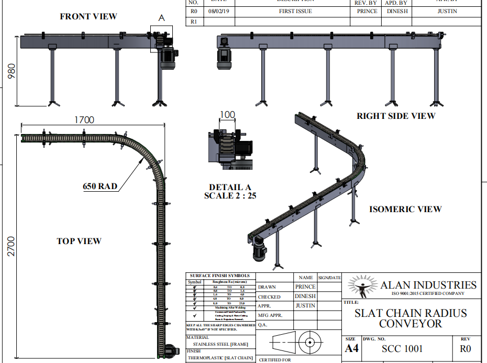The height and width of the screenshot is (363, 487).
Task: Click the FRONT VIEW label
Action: tap(88, 17)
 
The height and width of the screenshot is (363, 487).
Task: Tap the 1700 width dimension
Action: tap(84, 120)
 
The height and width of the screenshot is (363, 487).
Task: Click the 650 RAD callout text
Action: tap(100, 186)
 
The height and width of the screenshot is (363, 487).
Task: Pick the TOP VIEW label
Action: tap(79, 241)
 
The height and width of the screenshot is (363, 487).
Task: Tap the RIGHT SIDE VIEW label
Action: tap(396, 116)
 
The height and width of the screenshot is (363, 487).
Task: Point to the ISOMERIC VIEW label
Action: tap(405, 209)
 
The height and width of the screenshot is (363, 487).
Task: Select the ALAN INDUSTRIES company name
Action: tap(428, 285)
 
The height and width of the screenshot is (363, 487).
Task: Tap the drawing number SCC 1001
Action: tap(402, 349)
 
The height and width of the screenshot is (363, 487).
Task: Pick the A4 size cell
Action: tap(351, 349)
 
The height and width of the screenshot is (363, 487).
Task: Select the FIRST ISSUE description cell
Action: tap(295, 11)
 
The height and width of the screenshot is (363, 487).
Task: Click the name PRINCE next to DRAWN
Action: tap(305, 287)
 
